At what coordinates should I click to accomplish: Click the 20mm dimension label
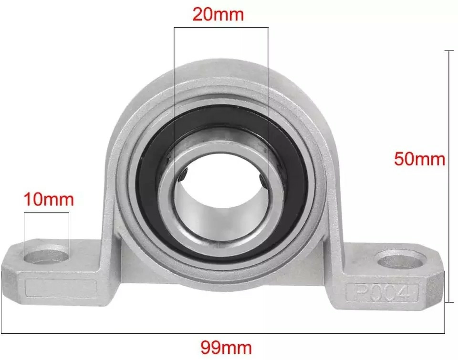218,14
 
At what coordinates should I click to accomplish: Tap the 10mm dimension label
49,199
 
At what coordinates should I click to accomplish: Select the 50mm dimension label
420,159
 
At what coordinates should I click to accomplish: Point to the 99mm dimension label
226,348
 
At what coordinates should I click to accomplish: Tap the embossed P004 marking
382,293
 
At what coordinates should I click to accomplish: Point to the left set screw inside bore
184,176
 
